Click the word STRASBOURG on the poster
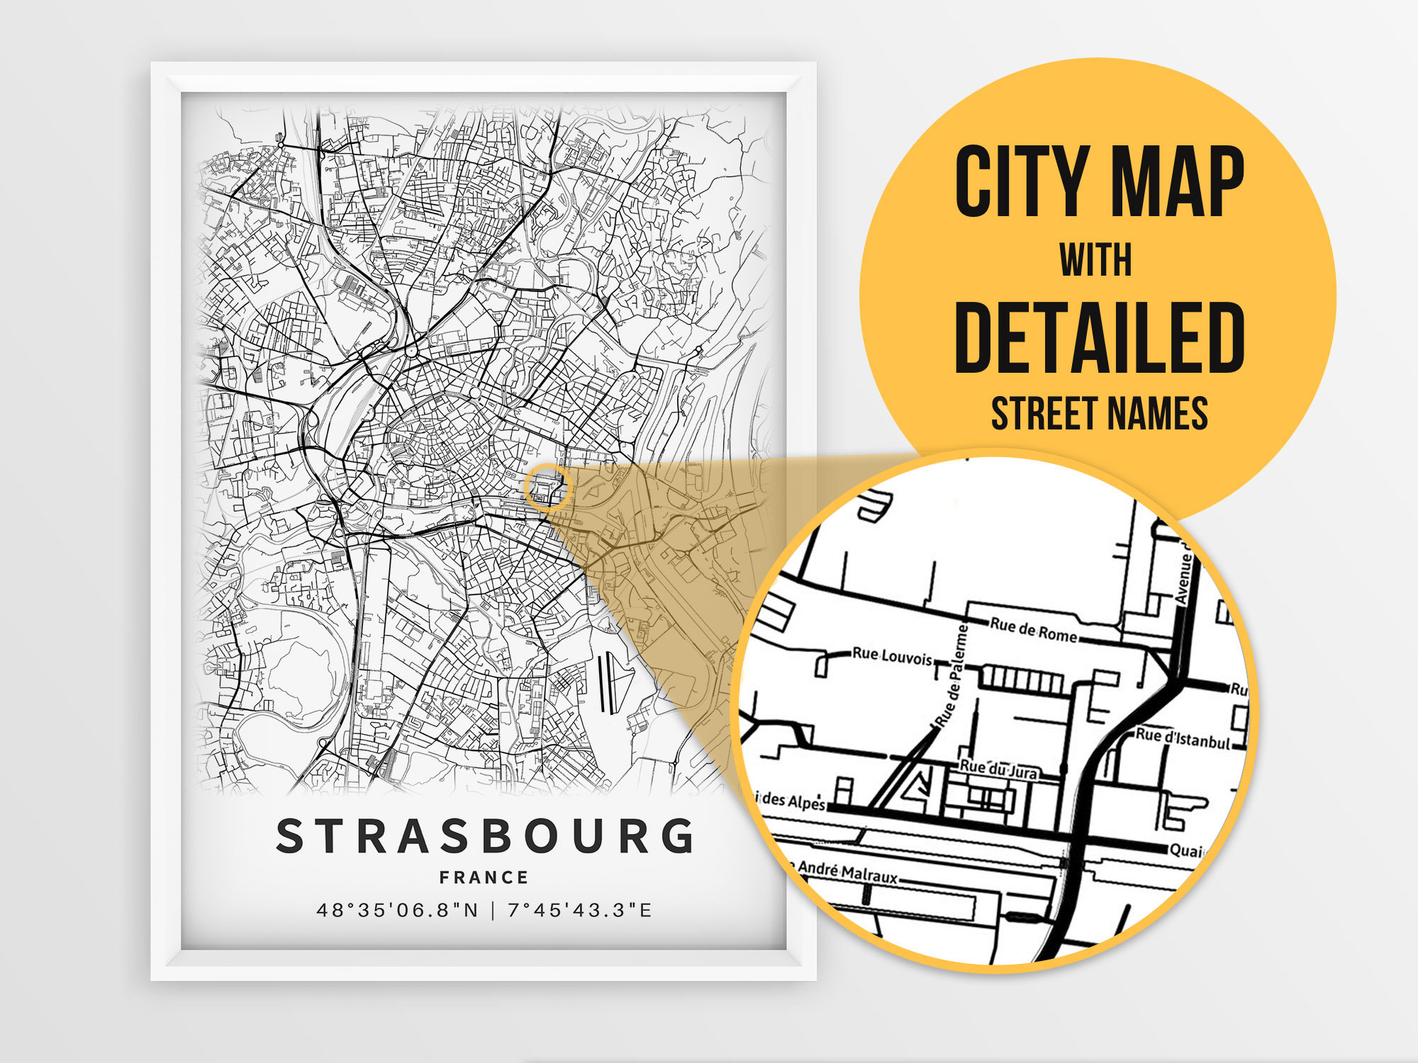(484, 836)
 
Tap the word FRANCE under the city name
(484, 877)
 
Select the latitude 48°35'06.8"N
(398, 910)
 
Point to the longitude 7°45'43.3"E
(580, 910)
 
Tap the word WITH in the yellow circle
(1096, 260)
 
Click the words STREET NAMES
(1099, 414)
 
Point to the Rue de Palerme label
(951, 677)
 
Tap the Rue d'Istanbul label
(1183, 738)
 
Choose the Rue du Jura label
(998, 768)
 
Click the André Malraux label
(847, 872)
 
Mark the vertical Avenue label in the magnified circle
(1183, 578)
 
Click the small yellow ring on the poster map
(547, 487)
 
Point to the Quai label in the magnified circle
(1185, 850)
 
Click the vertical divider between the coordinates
(493, 910)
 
